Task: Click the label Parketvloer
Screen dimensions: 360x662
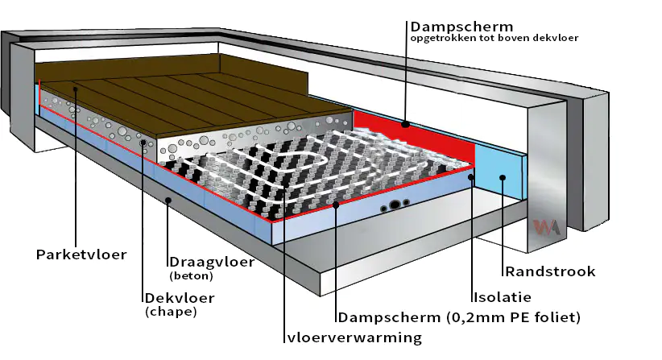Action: (x=81, y=254)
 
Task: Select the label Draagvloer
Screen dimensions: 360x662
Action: (x=212, y=262)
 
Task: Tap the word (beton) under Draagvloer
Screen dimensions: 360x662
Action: (x=191, y=276)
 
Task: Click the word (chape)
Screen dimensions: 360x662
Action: (x=171, y=311)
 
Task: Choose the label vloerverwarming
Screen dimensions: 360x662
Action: (x=354, y=337)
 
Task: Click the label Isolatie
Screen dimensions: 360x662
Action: (x=501, y=297)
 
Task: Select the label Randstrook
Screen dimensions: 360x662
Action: (x=550, y=271)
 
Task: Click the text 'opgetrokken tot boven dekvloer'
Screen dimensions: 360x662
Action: (x=493, y=38)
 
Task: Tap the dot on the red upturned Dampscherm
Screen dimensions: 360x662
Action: (x=406, y=125)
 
